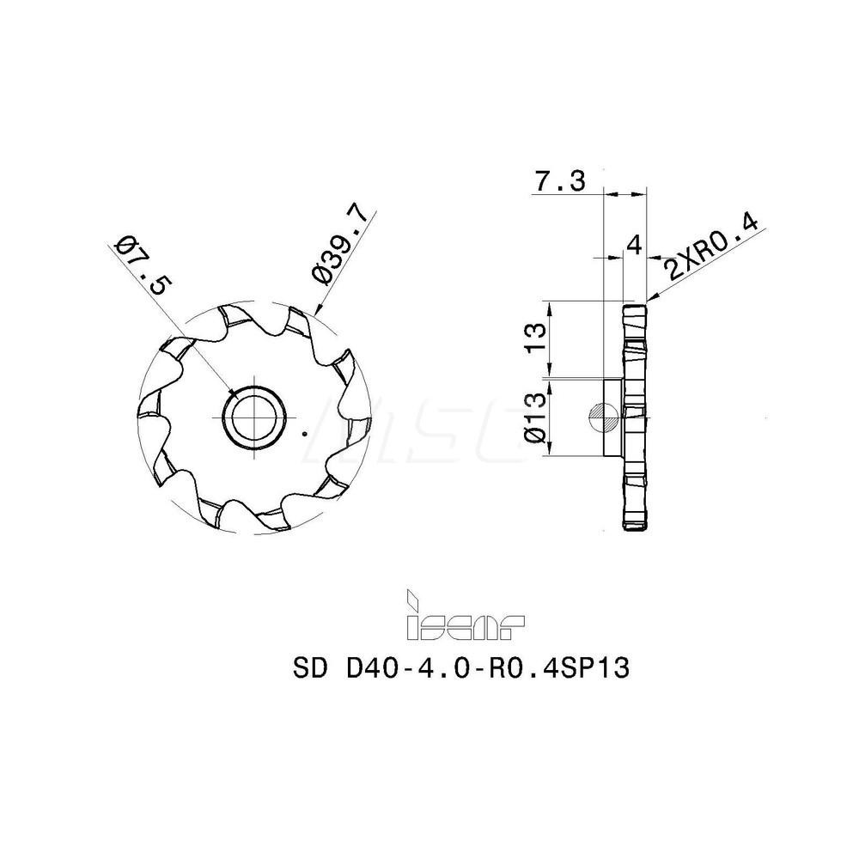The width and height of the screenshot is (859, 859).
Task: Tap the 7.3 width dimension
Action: point(559,182)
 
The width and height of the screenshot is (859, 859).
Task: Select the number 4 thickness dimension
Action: point(634,245)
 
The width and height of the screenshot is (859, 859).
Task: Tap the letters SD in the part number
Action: point(310,668)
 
